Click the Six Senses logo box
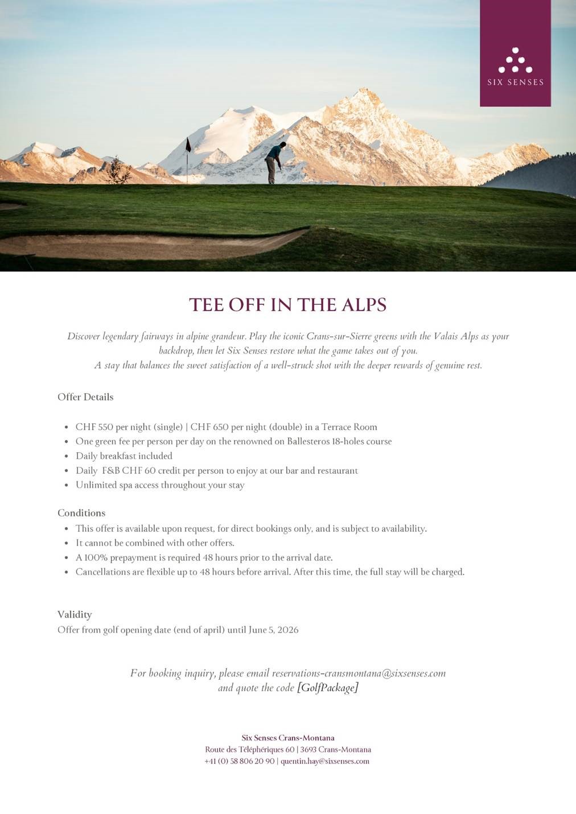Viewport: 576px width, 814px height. click(515, 53)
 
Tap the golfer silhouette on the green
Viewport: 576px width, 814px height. click(274, 162)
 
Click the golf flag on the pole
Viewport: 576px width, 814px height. click(188, 145)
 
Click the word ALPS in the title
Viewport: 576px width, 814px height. click(364, 305)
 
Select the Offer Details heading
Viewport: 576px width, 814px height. click(85, 397)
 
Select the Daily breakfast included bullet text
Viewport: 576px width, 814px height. click(124, 456)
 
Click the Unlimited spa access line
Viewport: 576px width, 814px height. click(160, 485)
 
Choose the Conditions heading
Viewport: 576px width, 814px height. click(81, 513)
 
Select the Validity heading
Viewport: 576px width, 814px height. click(75, 615)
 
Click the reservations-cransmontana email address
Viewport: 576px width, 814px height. click(359, 673)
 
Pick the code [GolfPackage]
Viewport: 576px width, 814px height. click(327, 688)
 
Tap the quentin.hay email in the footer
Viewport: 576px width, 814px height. click(325, 761)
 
